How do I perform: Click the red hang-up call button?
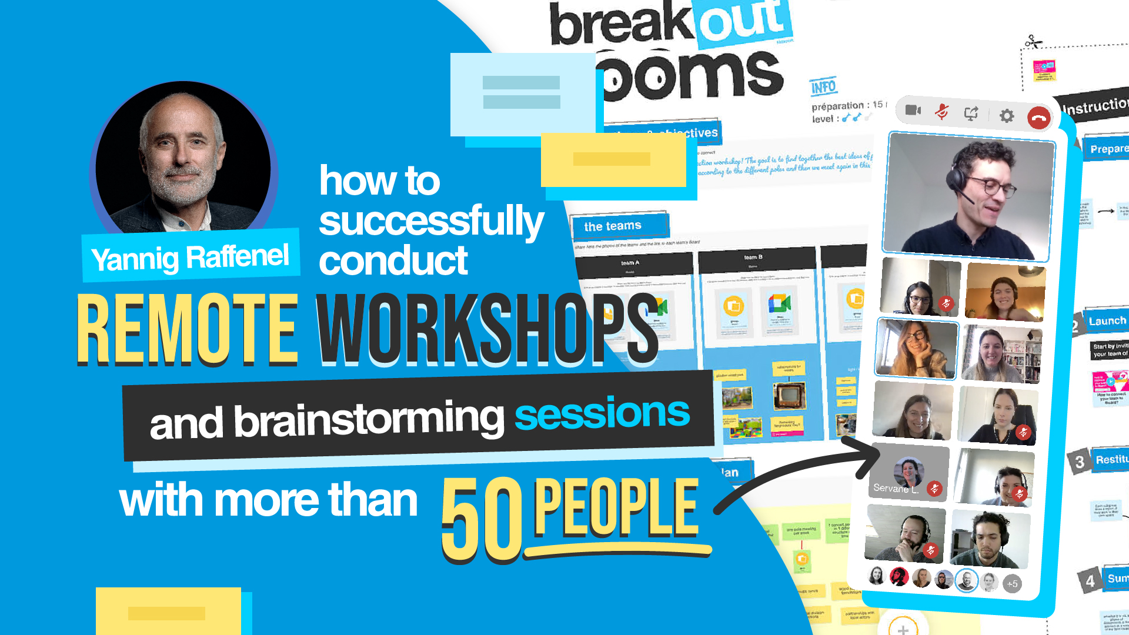(1038, 118)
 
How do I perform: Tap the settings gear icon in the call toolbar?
(1007, 116)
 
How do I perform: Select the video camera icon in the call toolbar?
(913, 110)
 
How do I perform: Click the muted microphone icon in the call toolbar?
(942, 111)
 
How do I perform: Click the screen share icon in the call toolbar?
(971, 113)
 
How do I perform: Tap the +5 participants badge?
(1012, 584)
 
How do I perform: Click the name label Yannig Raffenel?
(190, 258)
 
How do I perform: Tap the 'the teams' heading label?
(613, 226)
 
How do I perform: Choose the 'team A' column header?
(630, 263)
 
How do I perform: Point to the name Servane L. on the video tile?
(896, 488)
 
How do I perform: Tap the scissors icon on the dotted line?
(1033, 42)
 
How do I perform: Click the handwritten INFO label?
(823, 87)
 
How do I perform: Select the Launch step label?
(1107, 321)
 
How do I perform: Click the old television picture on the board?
(788, 396)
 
